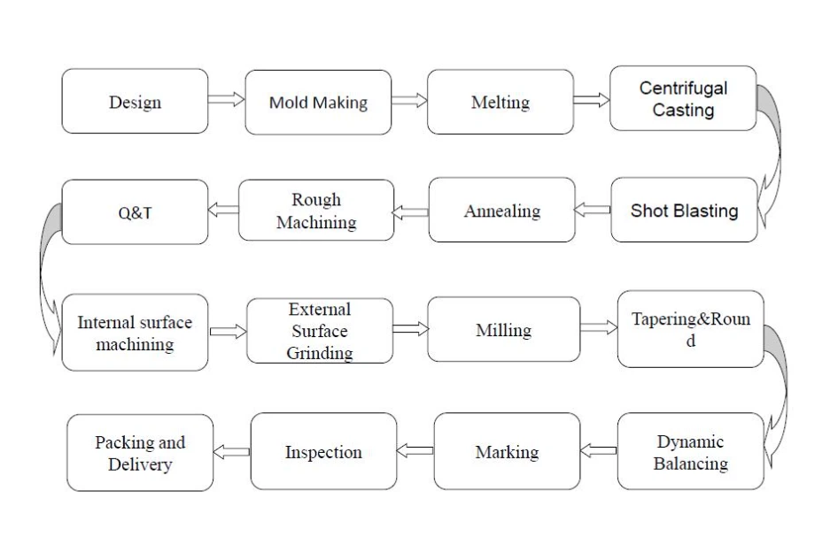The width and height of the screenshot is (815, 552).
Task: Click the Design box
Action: [135, 101]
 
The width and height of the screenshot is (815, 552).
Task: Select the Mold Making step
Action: [318, 103]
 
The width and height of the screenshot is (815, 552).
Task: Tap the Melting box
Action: [501, 102]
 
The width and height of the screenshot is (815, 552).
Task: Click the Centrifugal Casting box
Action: [683, 98]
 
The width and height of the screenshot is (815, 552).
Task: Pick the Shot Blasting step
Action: [684, 210]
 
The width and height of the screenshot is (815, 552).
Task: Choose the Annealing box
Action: [502, 210]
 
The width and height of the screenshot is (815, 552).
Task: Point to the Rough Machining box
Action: [316, 211]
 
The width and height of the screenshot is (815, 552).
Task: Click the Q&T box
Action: [135, 211]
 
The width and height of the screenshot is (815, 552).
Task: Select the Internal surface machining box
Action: [135, 333]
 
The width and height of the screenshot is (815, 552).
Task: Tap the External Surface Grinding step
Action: [320, 331]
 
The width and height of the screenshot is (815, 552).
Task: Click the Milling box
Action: [504, 329]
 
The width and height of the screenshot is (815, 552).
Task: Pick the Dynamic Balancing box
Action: [691, 451]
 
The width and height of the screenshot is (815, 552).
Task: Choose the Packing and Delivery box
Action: [140, 452]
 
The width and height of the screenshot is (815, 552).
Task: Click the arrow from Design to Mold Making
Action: [226, 99]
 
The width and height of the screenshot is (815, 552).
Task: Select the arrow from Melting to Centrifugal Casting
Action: [592, 100]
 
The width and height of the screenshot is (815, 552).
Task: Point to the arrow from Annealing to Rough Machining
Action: [410, 212]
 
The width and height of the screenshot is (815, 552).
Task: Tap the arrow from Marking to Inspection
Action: [415, 450]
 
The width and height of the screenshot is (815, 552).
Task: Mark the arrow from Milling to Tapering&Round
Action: [599, 327]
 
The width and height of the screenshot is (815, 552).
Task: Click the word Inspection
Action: [323, 452]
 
